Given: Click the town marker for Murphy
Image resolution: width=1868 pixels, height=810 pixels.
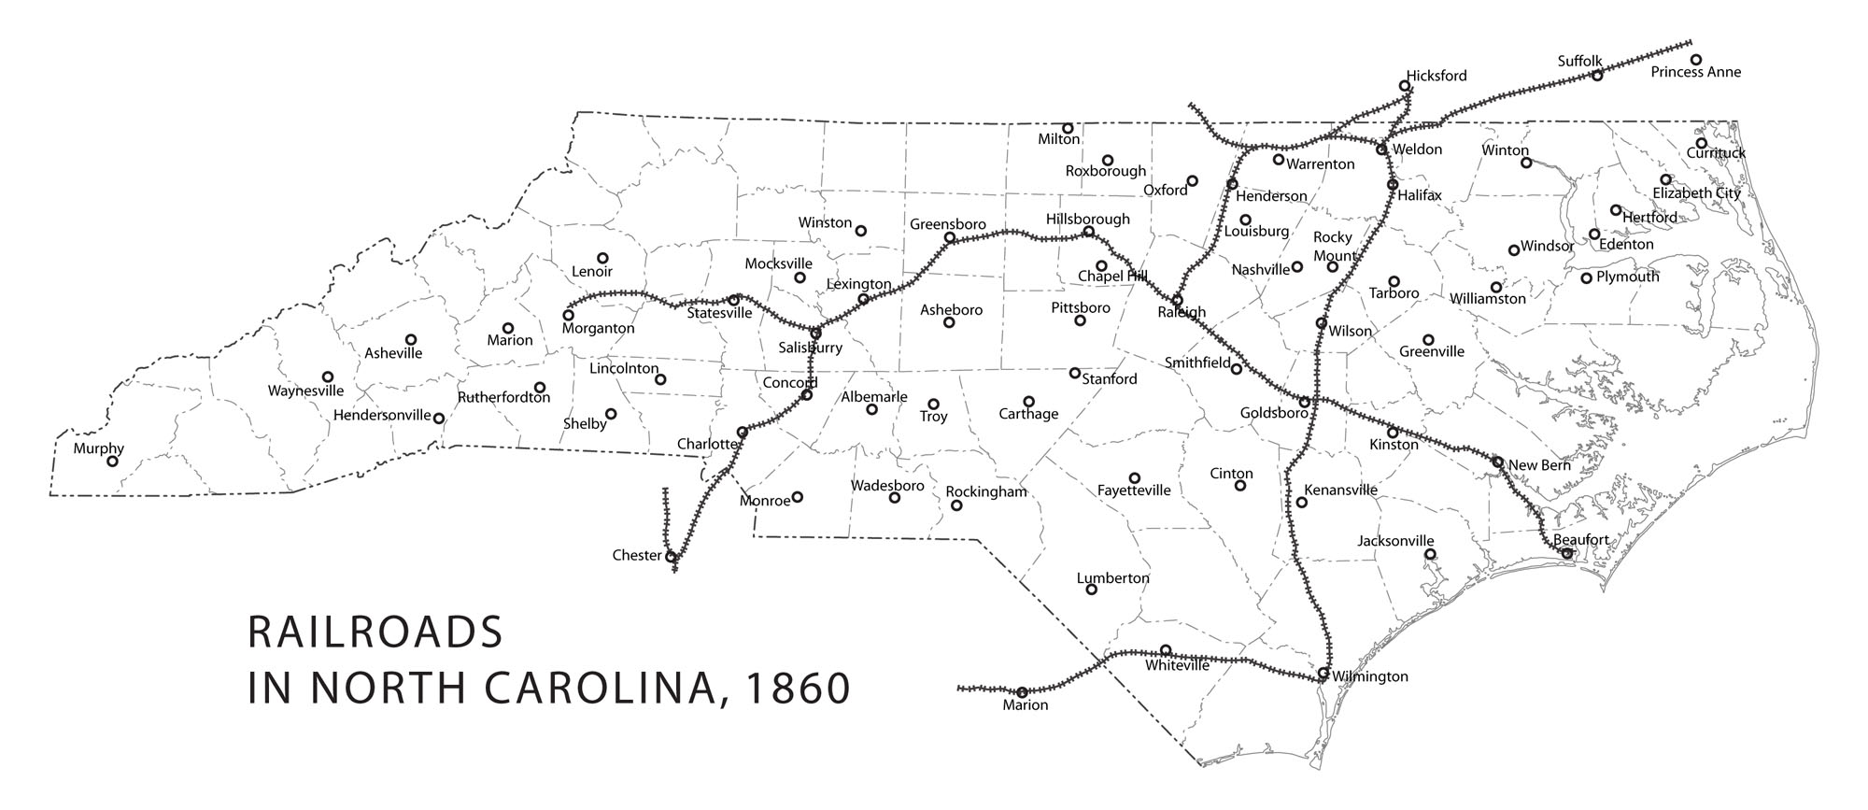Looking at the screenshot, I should tap(113, 462).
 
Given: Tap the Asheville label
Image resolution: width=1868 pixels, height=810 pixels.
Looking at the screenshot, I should tap(393, 353).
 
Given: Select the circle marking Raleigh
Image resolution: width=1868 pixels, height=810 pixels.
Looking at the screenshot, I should tap(1178, 300).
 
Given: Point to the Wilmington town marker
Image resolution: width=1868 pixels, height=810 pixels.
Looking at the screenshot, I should tap(1323, 673).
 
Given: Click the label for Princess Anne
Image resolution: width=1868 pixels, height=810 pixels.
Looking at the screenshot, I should tap(1695, 72).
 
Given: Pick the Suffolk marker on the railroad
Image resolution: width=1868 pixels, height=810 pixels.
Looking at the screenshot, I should tap(1597, 75).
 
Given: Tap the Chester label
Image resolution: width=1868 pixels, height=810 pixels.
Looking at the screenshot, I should tap(637, 555).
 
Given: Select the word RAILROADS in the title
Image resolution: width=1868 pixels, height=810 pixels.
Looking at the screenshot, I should tap(375, 632).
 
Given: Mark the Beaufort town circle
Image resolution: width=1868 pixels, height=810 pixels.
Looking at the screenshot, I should tap(1566, 553).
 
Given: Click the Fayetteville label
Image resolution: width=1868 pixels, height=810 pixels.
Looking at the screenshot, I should tap(1134, 490).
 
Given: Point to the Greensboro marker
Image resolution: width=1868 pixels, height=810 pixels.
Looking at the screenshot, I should tap(950, 238).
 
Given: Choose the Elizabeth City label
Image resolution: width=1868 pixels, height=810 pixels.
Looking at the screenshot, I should tap(1696, 193).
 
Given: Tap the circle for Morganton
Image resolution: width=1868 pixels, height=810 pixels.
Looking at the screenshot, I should tap(568, 315).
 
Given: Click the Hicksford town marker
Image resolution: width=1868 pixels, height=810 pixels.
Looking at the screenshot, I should tap(1405, 86).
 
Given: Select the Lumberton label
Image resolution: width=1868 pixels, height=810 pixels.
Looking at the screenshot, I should tap(1112, 578).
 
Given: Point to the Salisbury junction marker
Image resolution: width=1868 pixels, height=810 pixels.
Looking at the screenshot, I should tap(815, 334).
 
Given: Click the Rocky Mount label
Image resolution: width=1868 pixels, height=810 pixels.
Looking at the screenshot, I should tap(1334, 247).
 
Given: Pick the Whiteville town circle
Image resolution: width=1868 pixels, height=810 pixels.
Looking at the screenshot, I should tap(1166, 650).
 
